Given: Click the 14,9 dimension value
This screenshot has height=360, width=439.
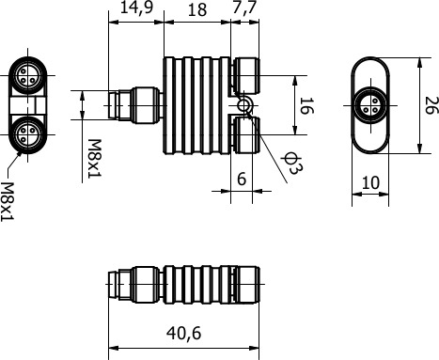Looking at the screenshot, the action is [x=136, y=8].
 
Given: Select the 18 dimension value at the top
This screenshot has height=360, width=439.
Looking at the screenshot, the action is [x=197, y=10].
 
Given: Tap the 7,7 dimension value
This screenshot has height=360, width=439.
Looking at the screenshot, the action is [x=244, y=8].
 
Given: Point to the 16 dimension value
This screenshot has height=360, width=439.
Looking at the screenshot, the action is [x=306, y=105].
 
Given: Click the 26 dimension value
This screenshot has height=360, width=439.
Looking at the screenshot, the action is [x=431, y=105].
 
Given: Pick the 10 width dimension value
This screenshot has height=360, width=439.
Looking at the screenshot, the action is [x=370, y=182].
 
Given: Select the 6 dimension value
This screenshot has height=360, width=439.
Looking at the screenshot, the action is [x=242, y=179].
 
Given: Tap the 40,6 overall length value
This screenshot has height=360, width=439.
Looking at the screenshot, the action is [x=183, y=333].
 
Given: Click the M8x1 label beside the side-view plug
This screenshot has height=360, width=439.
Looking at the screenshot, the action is [x=94, y=159].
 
